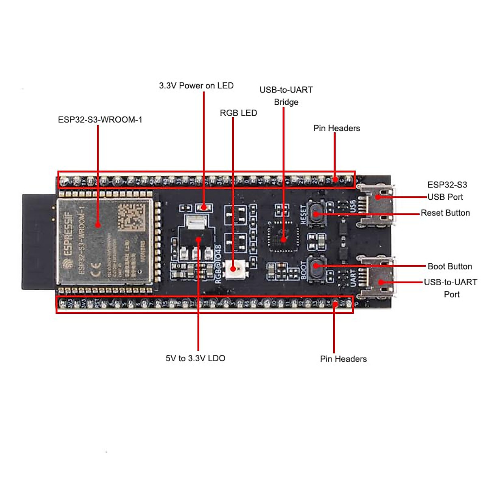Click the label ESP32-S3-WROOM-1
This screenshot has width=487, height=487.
point(100,120)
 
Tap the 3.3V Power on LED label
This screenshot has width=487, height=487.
point(196,86)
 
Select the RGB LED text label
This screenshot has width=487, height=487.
point(238,113)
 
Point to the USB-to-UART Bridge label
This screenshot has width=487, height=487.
point(286,96)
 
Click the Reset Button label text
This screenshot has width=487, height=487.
point(445,213)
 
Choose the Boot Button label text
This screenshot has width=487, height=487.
point(450,267)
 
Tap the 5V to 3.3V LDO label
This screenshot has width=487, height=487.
point(195,358)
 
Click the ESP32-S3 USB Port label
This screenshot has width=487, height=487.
point(447,191)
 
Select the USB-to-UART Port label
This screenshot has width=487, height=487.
point(450,288)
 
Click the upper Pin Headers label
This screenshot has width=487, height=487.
point(336,128)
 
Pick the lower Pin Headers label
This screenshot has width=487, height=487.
point(343,359)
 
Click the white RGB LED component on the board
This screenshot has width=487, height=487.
point(234,269)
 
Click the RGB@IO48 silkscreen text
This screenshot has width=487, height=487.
point(218,264)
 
